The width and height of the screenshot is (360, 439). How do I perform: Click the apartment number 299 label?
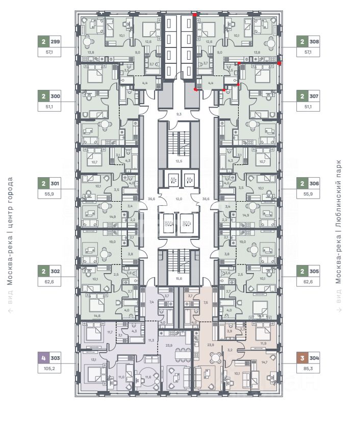click(x=56, y=42)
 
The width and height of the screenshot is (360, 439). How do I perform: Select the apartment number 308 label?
click(x=314, y=42)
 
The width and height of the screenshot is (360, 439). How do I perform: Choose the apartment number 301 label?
click(x=56, y=183)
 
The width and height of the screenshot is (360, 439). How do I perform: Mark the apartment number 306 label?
click(x=314, y=183)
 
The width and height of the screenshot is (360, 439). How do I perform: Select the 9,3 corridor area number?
click(x=178, y=114)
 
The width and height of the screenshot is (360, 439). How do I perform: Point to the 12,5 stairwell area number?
click(x=178, y=161)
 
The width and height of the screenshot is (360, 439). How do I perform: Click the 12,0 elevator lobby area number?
click(x=178, y=199)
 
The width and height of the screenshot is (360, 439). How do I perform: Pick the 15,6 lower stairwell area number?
click(x=178, y=278)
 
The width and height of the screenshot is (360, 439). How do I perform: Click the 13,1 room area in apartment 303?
click(x=93, y=359)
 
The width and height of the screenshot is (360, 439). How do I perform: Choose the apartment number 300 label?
click(x=56, y=95)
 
